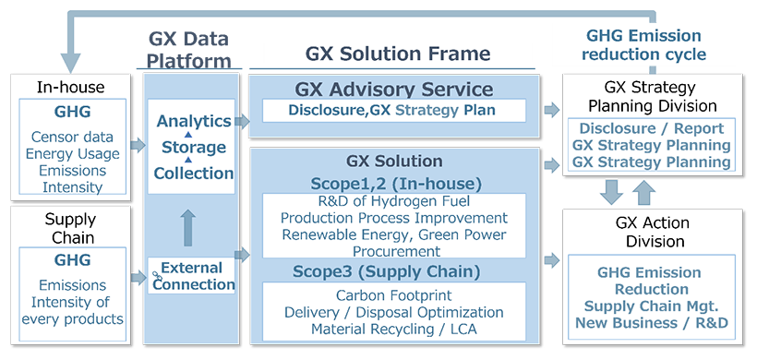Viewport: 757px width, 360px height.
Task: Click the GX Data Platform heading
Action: point(188,51)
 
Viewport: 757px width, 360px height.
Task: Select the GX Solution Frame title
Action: point(398,54)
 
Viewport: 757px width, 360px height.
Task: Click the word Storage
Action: point(194,148)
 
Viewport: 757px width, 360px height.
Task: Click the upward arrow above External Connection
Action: point(188,226)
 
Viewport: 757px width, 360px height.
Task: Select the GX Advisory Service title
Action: point(394,90)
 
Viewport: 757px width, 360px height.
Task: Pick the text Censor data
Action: point(73,138)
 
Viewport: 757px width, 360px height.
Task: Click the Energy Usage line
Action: point(73,154)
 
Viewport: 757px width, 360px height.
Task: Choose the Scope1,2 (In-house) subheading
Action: point(394,183)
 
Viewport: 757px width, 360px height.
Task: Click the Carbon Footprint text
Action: point(394,295)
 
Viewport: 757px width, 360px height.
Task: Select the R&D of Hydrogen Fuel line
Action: point(394,201)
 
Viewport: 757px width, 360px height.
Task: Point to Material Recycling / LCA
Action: point(394,329)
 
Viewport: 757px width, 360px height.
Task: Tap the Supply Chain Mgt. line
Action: point(652,306)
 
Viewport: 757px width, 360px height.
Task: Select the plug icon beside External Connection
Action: point(156,274)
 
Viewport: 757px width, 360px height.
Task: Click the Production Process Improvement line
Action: point(394,218)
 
